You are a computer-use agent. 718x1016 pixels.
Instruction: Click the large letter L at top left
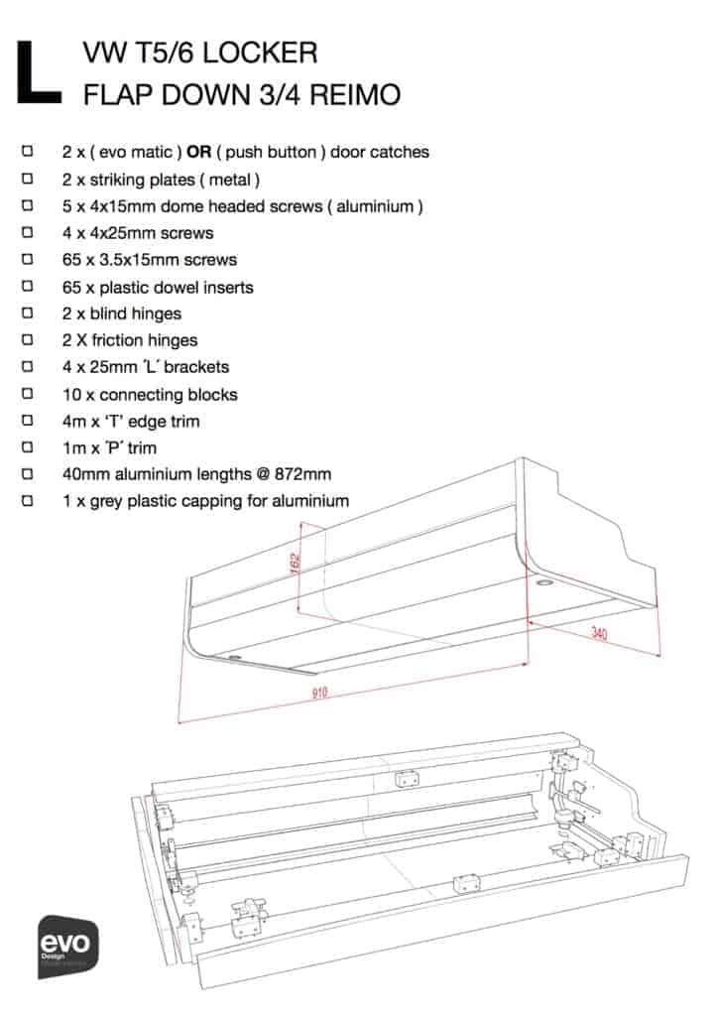[39, 71]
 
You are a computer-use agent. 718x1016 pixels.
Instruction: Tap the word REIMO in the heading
[355, 94]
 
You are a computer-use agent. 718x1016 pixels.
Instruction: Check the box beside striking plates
[27, 179]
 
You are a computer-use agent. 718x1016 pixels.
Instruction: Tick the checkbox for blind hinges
[27, 313]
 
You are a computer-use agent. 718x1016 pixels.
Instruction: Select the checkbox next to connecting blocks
[27, 393]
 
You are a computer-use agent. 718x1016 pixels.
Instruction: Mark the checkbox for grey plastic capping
[27, 500]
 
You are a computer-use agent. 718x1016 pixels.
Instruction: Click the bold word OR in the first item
[198, 152]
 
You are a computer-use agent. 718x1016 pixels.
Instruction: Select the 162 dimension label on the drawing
[296, 562]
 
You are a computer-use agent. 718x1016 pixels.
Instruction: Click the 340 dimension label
[599, 632]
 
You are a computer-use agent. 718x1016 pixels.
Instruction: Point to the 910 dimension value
[320, 693]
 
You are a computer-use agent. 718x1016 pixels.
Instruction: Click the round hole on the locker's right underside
[542, 583]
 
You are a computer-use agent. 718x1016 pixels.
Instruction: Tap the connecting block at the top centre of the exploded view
[406, 778]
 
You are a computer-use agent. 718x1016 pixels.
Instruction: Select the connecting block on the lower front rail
[466, 883]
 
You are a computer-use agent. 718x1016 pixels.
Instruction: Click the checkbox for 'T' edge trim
[27, 420]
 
